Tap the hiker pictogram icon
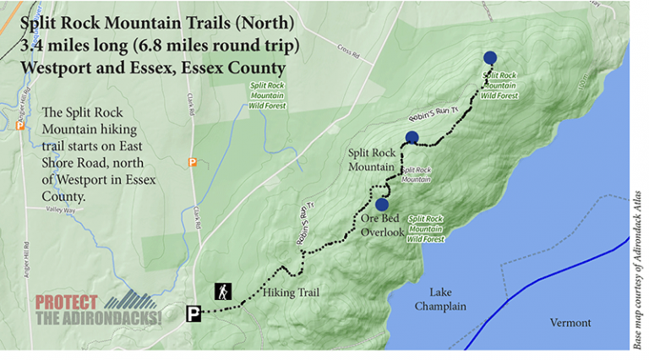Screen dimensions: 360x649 tap(223, 292)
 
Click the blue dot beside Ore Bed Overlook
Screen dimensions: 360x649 tap(381, 204)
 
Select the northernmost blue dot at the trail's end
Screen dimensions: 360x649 tap(490, 57)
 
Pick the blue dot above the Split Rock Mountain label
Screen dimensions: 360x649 tap(412, 137)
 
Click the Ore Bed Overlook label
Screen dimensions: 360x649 tap(377, 226)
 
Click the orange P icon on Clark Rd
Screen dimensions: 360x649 tap(193, 161)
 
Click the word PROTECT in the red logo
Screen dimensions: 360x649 tap(67, 302)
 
